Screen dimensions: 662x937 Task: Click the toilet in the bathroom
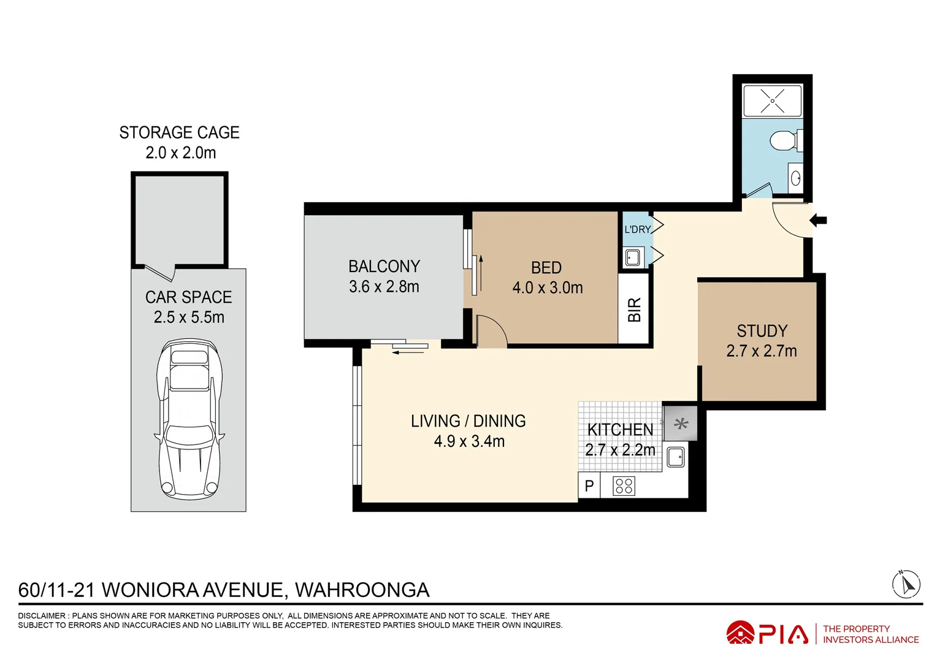point(785,140)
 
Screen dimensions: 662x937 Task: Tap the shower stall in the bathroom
point(772,101)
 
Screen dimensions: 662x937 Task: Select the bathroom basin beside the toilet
point(795,178)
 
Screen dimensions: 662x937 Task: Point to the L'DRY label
point(637,229)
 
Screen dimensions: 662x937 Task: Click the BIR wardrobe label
point(634,310)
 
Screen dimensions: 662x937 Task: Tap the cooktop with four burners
point(624,486)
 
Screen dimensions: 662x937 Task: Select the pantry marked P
point(589,486)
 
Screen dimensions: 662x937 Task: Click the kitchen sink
point(675,457)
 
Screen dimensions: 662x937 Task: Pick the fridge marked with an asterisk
point(681,424)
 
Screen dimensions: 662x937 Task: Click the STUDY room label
point(762,331)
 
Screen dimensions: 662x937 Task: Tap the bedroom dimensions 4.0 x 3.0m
point(548,288)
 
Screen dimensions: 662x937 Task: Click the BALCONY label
point(384,267)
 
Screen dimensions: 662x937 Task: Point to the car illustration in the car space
point(189,420)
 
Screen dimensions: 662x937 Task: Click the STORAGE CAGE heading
point(179,133)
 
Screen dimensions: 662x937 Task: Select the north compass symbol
point(906,584)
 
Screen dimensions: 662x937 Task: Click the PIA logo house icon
point(740,633)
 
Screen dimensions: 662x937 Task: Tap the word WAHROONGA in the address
point(362,590)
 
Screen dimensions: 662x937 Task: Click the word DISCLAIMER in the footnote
point(42,615)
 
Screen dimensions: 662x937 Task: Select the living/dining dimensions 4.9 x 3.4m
point(469,441)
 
